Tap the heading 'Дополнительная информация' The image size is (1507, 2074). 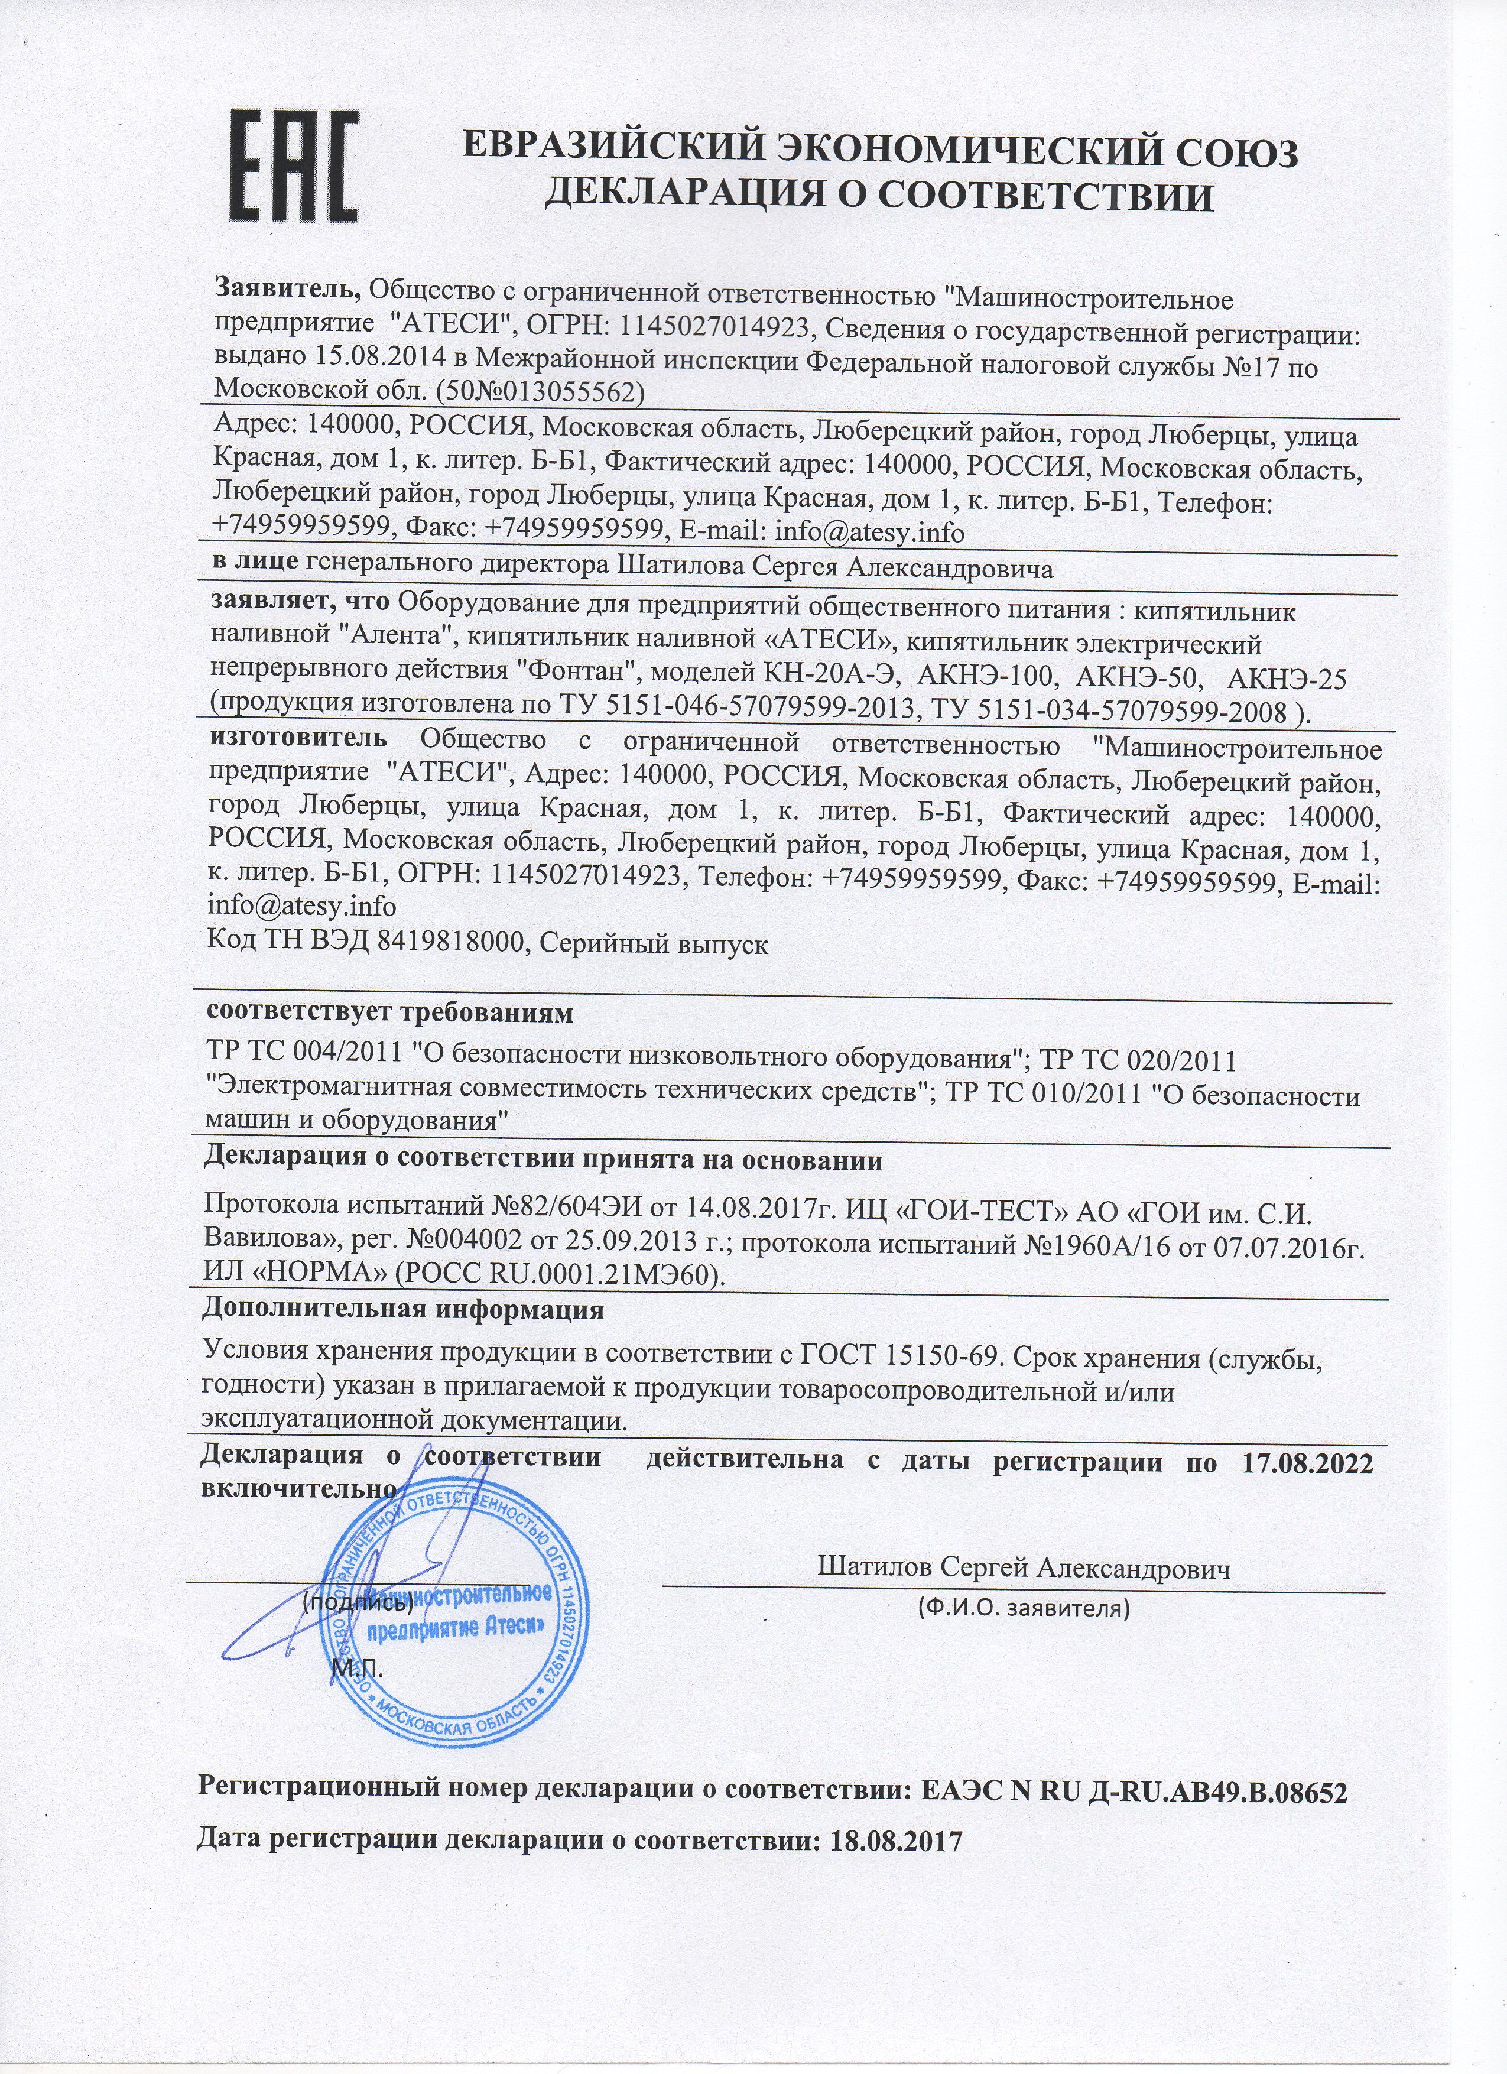[402, 1309]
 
